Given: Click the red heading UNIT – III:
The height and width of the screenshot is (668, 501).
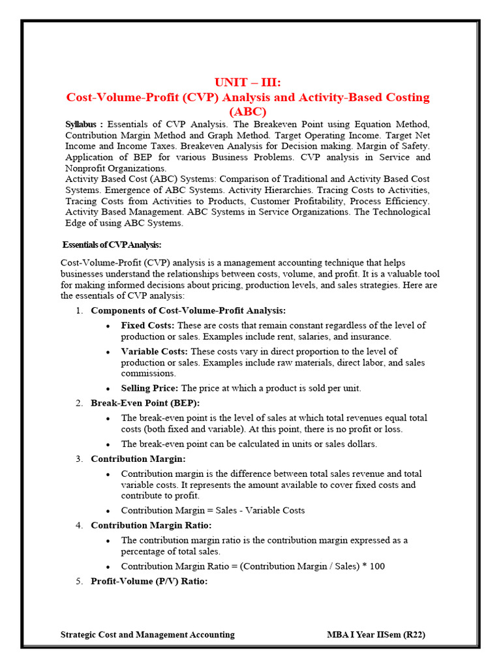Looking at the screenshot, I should click(248, 82).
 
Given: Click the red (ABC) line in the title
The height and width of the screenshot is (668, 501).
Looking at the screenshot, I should click(248, 111).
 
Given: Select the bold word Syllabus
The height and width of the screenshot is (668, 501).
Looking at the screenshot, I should click(83, 124).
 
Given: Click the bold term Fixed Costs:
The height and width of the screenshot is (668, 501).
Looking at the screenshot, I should click(147, 325).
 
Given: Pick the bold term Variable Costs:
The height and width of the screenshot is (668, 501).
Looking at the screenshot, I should click(155, 351).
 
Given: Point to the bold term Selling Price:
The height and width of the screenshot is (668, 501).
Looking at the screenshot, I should click(149, 388).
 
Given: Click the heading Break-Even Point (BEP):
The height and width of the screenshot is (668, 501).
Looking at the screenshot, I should click(145, 403).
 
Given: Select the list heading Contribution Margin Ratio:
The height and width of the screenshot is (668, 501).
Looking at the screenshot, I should click(151, 525).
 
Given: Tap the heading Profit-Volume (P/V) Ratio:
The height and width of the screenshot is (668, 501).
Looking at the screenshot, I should click(149, 581).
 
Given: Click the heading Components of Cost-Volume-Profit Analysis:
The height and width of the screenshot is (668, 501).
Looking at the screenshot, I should click(188, 311).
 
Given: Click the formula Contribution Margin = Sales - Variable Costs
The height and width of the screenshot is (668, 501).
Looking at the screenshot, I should click(213, 510).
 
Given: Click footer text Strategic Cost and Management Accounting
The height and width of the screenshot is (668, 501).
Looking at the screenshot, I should click(147, 634).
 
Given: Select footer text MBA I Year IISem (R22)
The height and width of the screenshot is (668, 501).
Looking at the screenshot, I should click(376, 634).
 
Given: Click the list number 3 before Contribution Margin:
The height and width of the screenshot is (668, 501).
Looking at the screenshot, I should click(78, 459).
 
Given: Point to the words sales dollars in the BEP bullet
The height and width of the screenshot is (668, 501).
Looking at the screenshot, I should click(350, 444).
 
